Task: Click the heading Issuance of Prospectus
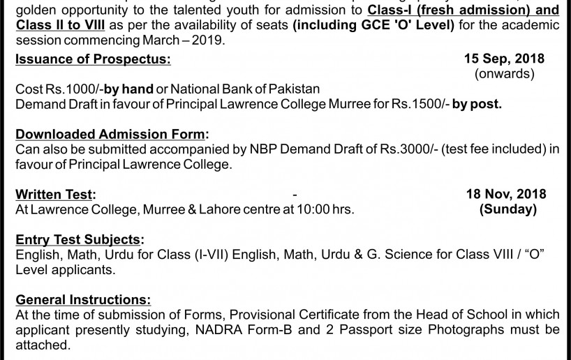point(93,59)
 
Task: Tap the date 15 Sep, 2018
point(505,59)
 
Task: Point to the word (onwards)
point(505,73)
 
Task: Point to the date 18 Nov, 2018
point(506,194)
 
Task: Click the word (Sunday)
point(507,209)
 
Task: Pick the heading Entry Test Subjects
point(80,239)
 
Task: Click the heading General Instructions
point(83,300)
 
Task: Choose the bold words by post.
point(476,104)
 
